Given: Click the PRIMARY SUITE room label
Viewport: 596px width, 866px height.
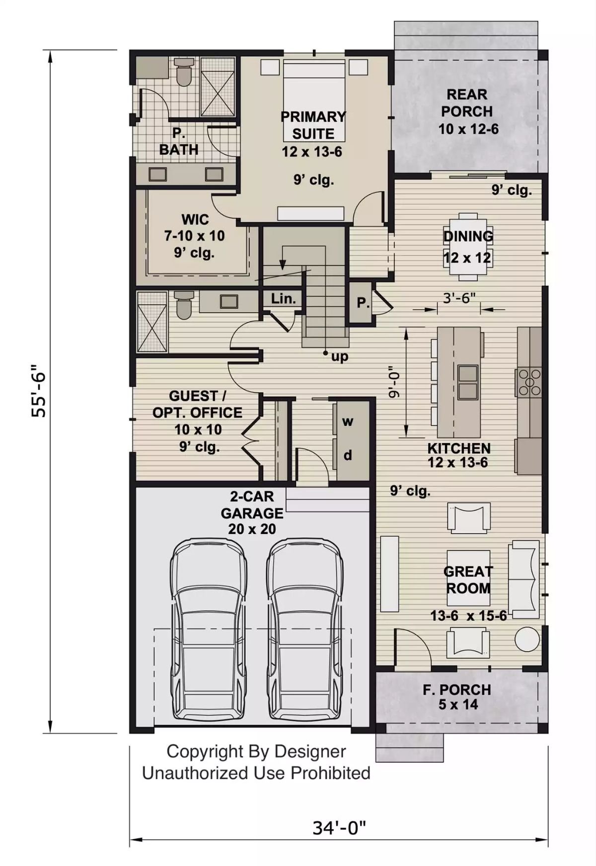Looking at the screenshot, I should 313,125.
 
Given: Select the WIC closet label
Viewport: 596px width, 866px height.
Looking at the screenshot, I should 195,219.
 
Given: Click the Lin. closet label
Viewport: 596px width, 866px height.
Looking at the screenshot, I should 283,299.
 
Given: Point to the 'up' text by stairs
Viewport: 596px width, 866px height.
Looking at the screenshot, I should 340,356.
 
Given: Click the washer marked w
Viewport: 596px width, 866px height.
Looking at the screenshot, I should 348,422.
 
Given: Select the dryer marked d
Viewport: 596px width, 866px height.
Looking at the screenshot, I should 348,455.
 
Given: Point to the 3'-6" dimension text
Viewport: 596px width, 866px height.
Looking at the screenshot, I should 459,298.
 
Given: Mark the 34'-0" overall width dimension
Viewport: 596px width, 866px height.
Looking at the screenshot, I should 339,828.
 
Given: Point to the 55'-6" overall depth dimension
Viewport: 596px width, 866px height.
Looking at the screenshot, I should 39,391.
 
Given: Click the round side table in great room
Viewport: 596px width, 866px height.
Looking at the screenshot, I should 527,639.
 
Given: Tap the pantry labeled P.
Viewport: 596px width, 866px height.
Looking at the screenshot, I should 363,302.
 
